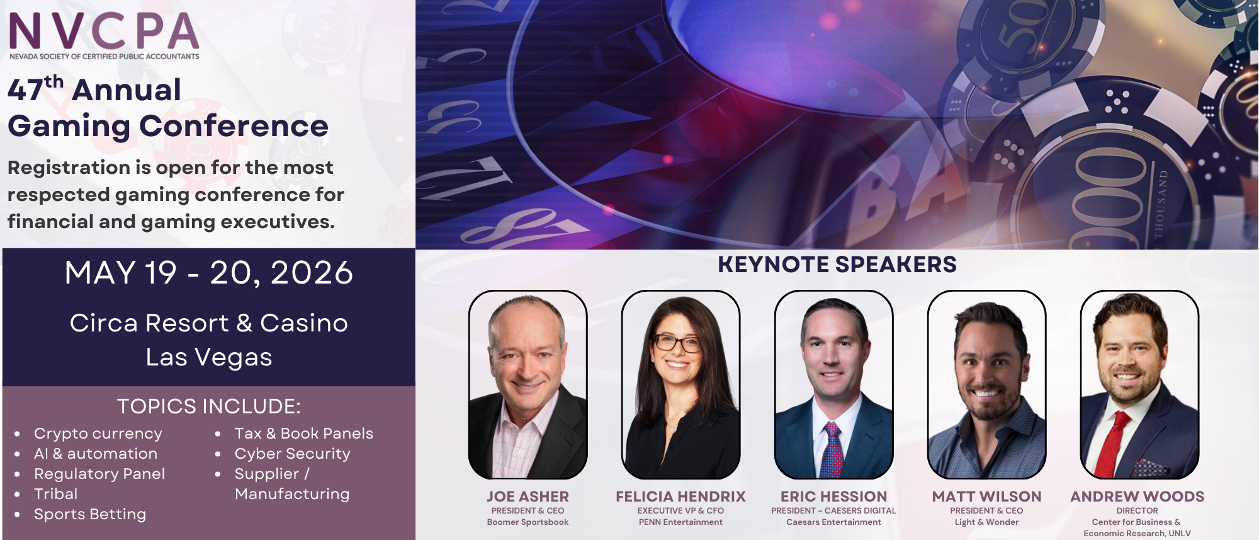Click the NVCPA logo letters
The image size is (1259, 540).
pyautogui.click(x=104, y=31)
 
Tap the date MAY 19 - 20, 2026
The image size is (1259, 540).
pyautogui.click(x=209, y=273)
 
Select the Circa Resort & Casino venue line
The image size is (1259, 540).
pyautogui.click(x=209, y=323)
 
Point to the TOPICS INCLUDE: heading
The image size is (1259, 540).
pyautogui.click(x=209, y=406)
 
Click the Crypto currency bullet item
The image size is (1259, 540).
pyautogui.click(x=98, y=434)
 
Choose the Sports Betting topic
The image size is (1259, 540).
pyautogui.click(x=90, y=515)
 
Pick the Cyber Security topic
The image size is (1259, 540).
pyautogui.click(x=293, y=454)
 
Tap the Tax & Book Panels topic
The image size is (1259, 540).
pyautogui.click(x=304, y=434)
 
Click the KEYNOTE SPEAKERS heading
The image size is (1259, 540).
pyautogui.click(x=837, y=265)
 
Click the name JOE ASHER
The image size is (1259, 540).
pyautogui.click(x=528, y=497)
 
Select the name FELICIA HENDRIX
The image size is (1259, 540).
pyautogui.click(x=680, y=497)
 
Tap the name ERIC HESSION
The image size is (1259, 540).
pyautogui.click(x=833, y=497)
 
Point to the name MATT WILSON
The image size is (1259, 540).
pyautogui.click(x=986, y=497)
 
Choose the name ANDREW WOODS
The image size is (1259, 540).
pyautogui.click(x=1138, y=497)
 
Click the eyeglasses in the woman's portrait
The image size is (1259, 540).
pyautogui.click(x=677, y=343)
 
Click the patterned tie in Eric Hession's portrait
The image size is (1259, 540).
pyautogui.click(x=832, y=451)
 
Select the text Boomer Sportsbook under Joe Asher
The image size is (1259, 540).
pyautogui.click(x=528, y=522)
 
